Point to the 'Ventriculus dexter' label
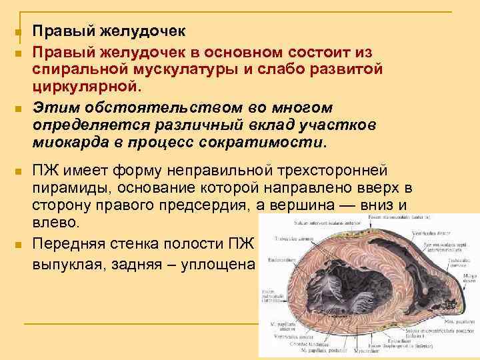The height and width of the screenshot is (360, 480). click(x=433, y=233)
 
